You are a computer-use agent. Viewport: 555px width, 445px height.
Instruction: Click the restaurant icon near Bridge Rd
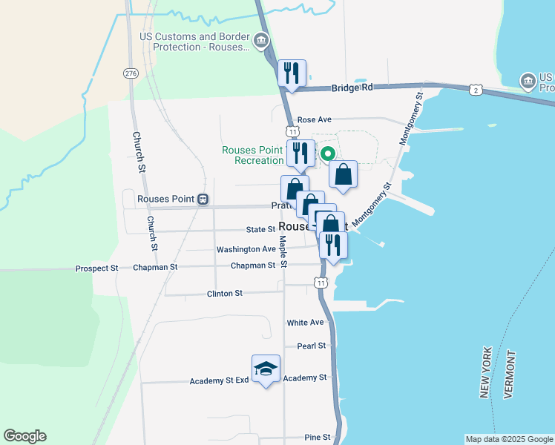pos(292,73)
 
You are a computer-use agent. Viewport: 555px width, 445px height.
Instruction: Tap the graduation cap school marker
pos(266,369)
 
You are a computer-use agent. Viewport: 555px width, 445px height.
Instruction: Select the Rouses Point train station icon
pos(203,200)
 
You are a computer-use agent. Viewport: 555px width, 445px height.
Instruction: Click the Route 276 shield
pos(131,73)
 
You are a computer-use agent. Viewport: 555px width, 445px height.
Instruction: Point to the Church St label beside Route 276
pos(139,152)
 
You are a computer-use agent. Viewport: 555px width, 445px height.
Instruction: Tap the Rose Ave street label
pos(314,119)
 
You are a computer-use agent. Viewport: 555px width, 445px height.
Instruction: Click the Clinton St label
pos(225,294)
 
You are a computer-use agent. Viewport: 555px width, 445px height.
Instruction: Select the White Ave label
pos(306,323)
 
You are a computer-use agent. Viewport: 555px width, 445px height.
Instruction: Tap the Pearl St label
pos(312,346)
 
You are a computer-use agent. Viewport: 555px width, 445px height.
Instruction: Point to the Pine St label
pos(317,438)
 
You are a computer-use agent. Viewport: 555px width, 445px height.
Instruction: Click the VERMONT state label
pos(509,374)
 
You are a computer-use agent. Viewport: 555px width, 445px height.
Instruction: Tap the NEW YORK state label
pos(487,372)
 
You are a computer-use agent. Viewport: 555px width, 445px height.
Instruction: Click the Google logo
pos(24,436)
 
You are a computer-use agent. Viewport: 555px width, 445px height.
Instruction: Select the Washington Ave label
pos(246,250)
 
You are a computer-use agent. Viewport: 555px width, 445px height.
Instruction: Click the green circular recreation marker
pos(326,154)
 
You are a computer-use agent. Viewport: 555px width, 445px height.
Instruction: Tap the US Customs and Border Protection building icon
pos(261,41)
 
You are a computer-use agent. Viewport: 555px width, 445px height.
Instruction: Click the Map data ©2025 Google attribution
pos(508,439)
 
